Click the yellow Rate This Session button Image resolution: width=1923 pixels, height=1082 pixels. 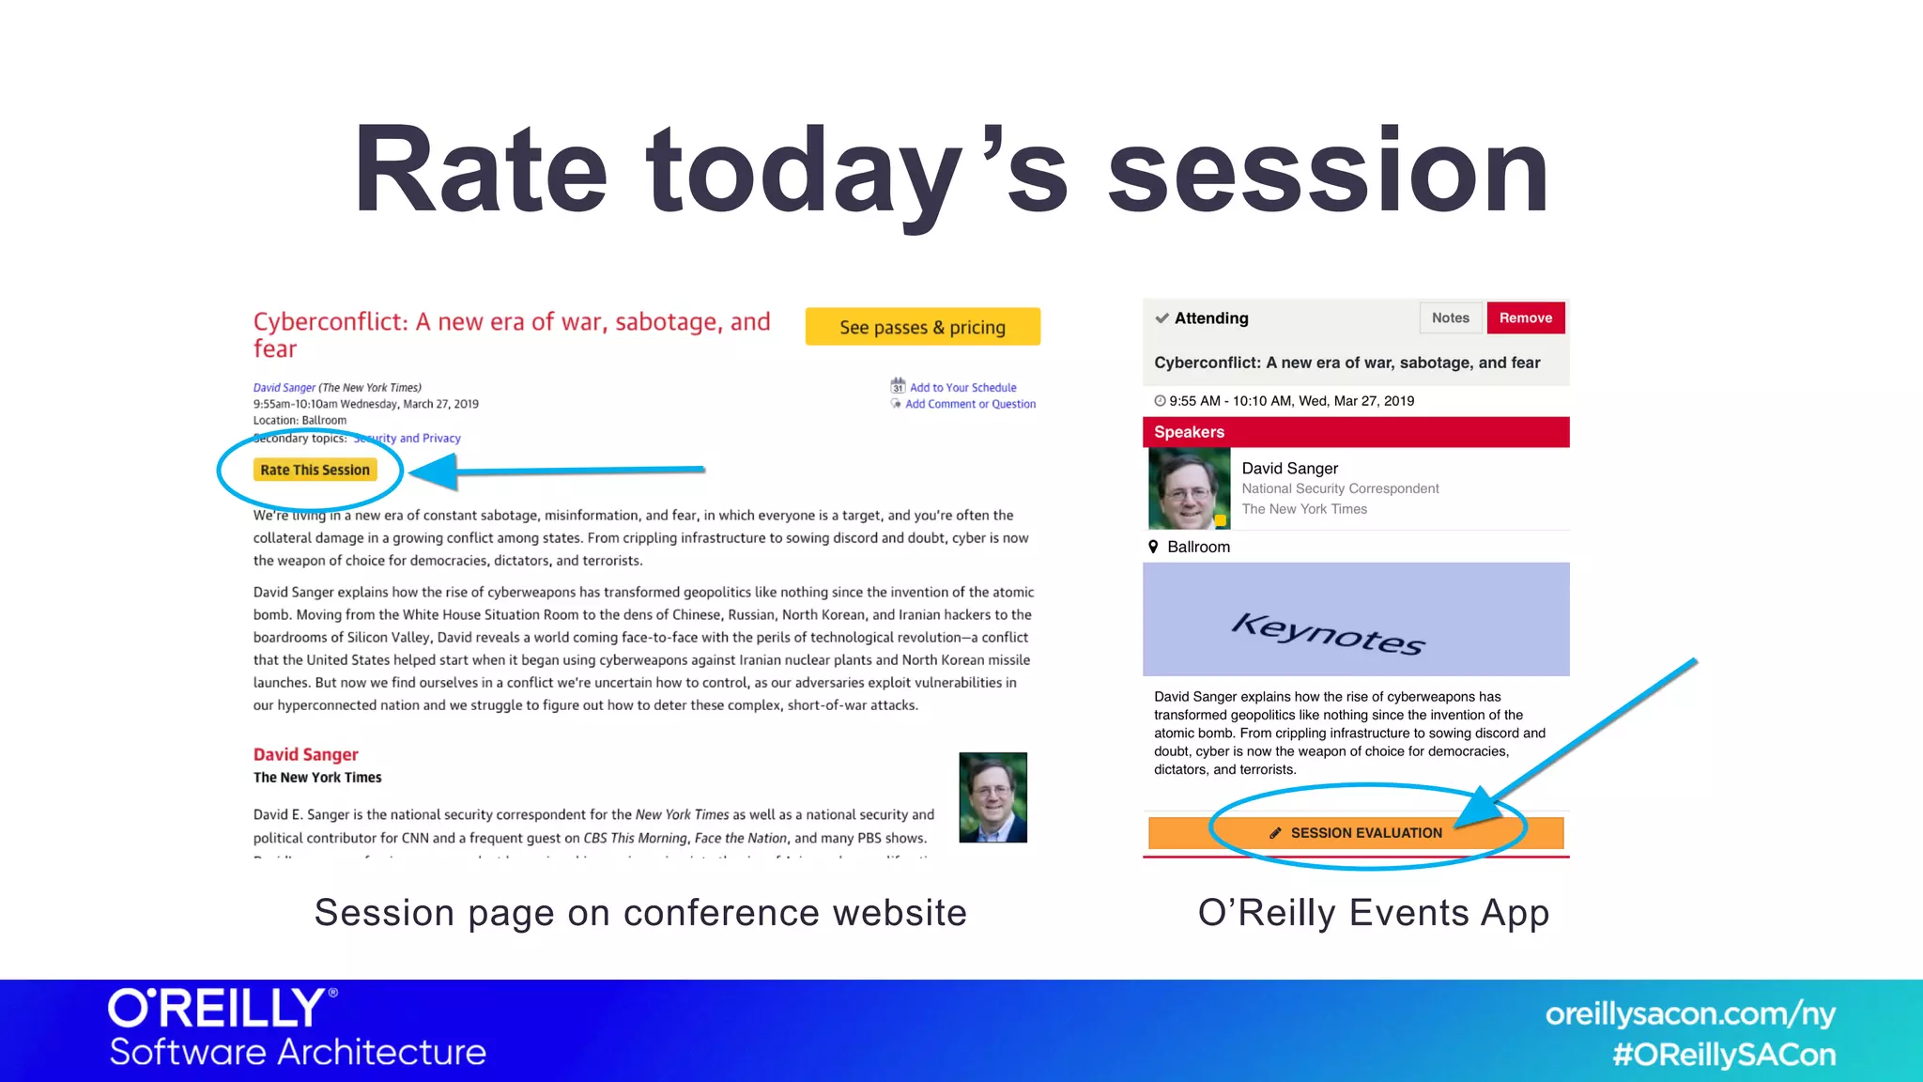click(315, 470)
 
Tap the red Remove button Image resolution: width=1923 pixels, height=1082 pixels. click(1525, 318)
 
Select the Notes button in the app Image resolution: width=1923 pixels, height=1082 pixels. click(1450, 318)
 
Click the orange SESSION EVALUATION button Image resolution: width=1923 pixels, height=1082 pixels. click(1355, 833)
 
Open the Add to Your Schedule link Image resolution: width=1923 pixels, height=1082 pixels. click(962, 387)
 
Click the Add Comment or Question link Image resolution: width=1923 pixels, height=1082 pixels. click(970, 404)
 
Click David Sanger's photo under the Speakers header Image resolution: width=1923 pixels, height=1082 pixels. click(1189, 488)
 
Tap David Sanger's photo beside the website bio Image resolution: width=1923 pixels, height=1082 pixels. click(992, 797)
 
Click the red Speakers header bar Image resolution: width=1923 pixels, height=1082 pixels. click(1355, 432)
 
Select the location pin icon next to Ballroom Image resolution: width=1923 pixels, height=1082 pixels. click(1153, 547)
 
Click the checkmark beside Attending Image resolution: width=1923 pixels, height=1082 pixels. click(1161, 318)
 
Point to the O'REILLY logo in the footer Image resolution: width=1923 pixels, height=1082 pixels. click(222, 1008)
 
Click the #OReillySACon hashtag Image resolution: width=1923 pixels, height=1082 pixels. click(1724, 1055)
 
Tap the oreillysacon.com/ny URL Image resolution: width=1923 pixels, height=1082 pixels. click(1689, 1014)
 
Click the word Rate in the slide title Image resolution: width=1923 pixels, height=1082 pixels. click(480, 171)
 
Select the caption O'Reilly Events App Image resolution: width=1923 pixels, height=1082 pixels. click(1373, 913)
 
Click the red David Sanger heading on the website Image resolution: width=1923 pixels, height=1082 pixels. click(305, 754)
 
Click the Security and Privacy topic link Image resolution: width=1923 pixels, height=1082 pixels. click(408, 438)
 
